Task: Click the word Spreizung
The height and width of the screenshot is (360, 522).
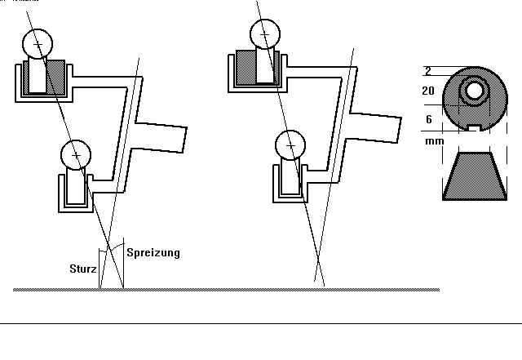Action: coord(153,253)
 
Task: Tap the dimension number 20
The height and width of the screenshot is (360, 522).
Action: coord(427,91)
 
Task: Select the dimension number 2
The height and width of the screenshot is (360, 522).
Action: coord(428,71)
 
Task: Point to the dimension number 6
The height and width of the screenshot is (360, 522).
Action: coord(428,119)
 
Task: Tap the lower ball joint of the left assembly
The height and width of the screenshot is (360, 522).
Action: coord(76,153)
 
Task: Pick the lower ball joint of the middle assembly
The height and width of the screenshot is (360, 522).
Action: coord(290,145)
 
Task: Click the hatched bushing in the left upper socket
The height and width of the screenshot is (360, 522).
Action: coord(46,78)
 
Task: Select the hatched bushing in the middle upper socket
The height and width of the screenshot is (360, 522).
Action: coord(259,69)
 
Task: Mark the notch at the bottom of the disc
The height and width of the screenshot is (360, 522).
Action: coord(472,127)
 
